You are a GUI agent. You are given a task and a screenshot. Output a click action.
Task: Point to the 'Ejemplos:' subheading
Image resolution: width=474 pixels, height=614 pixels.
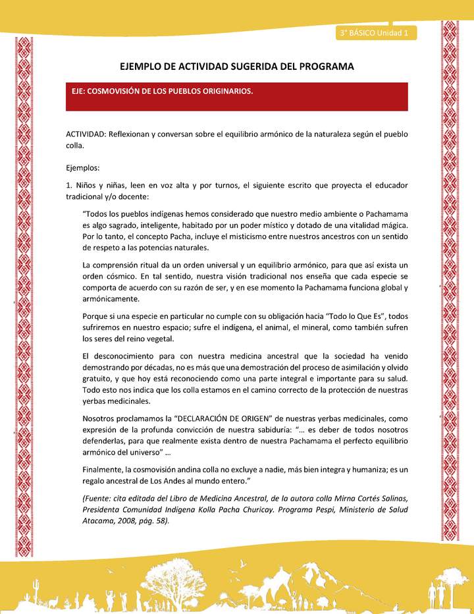[x=82, y=168]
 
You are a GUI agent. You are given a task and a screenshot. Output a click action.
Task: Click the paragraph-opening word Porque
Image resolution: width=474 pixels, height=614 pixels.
[x=96, y=316]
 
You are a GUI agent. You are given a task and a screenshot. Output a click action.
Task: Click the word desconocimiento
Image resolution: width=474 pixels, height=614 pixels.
[x=123, y=357]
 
